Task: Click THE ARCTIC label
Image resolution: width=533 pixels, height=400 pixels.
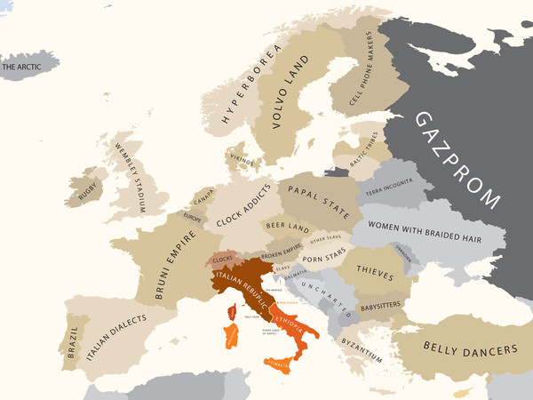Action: click(24, 66)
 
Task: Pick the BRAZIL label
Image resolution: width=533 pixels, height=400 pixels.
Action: click(71, 348)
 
